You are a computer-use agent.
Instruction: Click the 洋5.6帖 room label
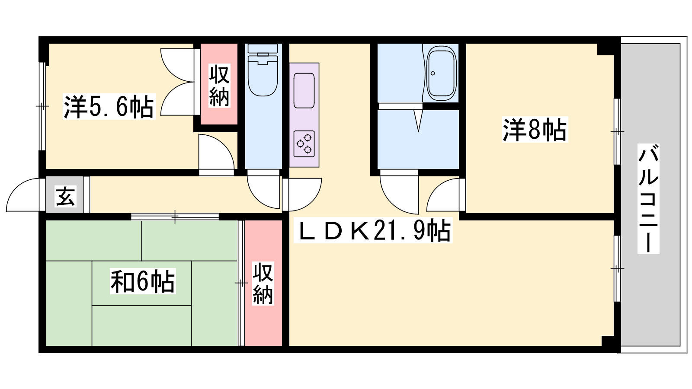point(109,106)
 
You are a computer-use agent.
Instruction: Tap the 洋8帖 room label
point(535,129)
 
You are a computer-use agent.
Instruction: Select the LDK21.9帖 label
point(373,230)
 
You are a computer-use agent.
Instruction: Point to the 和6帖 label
point(143,281)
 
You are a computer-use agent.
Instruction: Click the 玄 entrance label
point(65,196)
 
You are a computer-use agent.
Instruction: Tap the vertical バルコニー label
point(648,199)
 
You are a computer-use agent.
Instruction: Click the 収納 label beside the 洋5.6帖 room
point(219,85)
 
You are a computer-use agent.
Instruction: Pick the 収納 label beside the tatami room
point(263,284)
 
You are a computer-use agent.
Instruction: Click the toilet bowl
point(263,77)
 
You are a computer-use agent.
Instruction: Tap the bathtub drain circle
point(433,73)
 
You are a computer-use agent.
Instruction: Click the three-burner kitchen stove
point(304,143)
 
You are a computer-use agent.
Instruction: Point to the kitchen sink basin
point(304,91)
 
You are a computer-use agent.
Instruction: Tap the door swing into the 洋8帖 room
point(442,195)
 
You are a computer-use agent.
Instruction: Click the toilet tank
point(263,48)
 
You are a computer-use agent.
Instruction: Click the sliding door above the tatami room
point(175,217)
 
